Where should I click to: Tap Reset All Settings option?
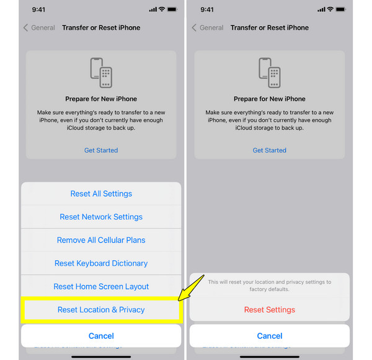pyautogui.click(x=101, y=194)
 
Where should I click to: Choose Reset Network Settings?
pyautogui.click(x=101, y=217)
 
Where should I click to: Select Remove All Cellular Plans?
pyautogui.click(x=101, y=240)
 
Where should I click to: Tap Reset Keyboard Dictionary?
pyautogui.click(x=101, y=263)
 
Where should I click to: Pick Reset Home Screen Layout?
pyautogui.click(x=101, y=286)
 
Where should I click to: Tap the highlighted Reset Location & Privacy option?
pyautogui.click(x=101, y=310)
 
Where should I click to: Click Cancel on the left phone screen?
pyautogui.click(x=101, y=336)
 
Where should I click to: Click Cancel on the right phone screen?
pyautogui.click(x=270, y=336)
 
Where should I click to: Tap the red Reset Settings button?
pyautogui.click(x=270, y=310)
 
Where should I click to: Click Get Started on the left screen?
pyautogui.click(x=101, y=150)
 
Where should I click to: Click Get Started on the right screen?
pyautogui.click(x=270, y=150)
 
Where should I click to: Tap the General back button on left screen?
pyautogui.click(x=40, y=27)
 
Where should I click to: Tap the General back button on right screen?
pyautogui.click(x=208, y=27)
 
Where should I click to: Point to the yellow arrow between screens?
pyautogui.click(x=191, y=288)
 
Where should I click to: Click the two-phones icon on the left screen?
pyautogui.click(x=101, y=73)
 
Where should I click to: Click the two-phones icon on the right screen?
pyautogui.click(x=270, y=73)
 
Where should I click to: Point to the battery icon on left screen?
pyautogui.click(x=172, y=9)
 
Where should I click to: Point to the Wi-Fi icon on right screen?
pyautogui.click(x=330, y=9)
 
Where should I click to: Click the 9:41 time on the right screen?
pyautogui.click(x=207, y=10)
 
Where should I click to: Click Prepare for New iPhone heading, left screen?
pyautogui.click(x=101, y=99)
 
